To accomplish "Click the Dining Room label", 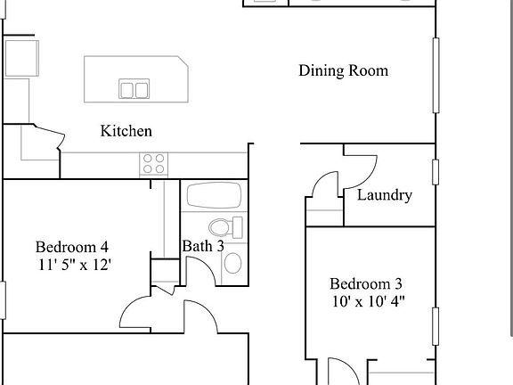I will tap(343, 71).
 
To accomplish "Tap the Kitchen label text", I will tap(126, 131).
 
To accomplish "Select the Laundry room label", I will tap(384, 195).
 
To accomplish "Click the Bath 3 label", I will tap(202, 246).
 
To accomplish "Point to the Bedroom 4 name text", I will tap(72, 247).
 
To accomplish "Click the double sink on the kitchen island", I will tap(134, 89).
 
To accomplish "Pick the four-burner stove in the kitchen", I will tap(153, 164).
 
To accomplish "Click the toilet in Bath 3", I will tap(224, 227).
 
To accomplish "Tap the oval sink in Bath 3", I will tap(232, 262).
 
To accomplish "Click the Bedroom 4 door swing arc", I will tap(137, 311).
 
